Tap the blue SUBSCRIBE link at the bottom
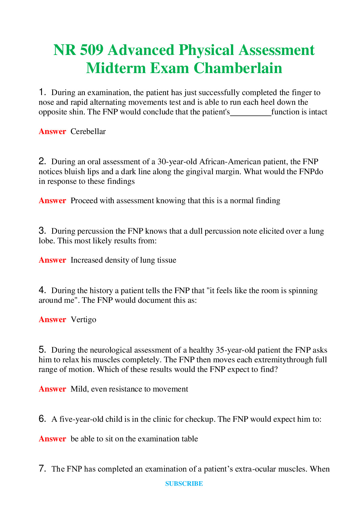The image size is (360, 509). coord(184,484)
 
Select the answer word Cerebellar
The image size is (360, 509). coord(88,132)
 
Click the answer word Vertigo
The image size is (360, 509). coord(83,320)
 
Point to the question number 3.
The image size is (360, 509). coord(42,231)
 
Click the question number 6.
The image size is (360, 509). coord(42,419)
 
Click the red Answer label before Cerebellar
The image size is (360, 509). coord(52,132)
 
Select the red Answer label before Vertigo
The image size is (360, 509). coord(52,320)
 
